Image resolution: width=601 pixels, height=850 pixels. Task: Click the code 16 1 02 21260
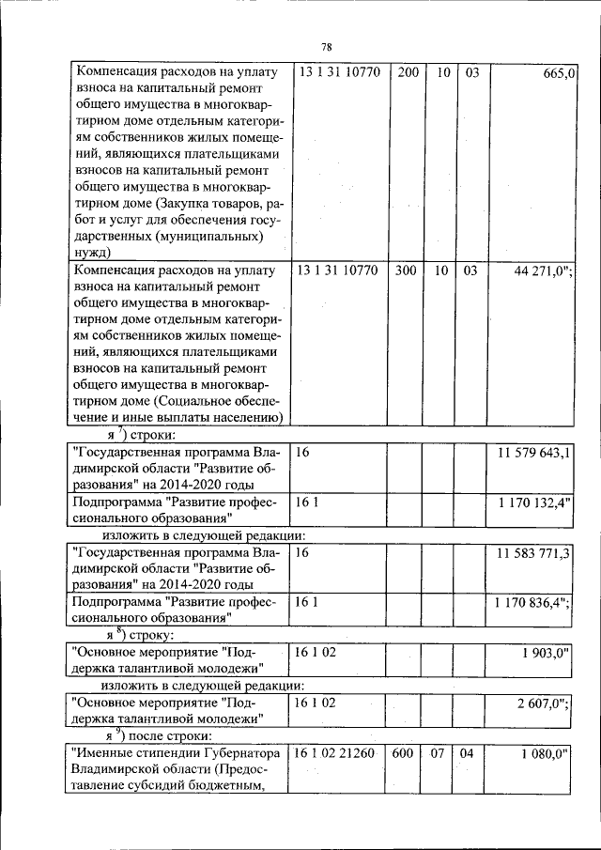336,753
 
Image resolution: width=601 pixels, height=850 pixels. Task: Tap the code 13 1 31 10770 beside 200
336,72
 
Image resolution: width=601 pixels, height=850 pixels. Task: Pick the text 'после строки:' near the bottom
172,734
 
